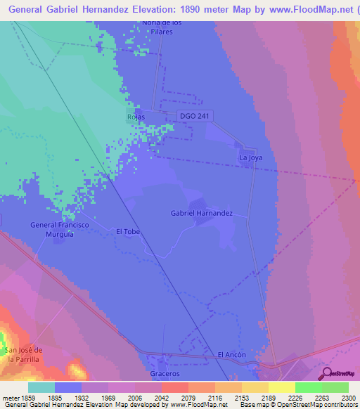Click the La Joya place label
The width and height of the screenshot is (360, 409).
[x=251, y=158]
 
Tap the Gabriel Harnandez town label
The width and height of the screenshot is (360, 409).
[x=202, y=212]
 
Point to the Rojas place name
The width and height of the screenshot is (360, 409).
[x=136, y=117]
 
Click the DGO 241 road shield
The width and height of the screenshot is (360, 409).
[x=195, y=116]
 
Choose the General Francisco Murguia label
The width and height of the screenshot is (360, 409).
[x=60, y=229]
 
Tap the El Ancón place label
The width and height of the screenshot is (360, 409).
[x=231, y=355]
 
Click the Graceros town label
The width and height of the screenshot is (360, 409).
[x=165, y=373]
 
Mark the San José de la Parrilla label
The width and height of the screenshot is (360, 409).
[x=23, y=354]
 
